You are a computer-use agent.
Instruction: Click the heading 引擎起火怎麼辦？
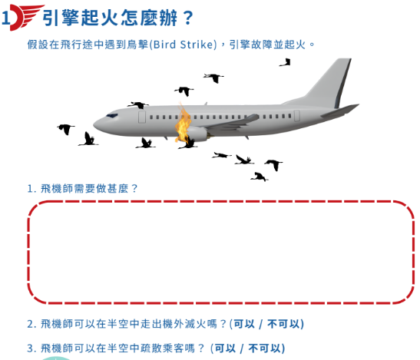[x=117, y=18]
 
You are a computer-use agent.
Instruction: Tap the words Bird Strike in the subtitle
[x=183, y=45]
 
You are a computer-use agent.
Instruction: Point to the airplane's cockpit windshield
[x=111, y=116]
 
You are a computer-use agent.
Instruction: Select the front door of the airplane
[x=142, y=117]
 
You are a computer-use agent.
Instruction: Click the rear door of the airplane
[x=297, y=116]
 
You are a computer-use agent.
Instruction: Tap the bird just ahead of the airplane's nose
[x=65, y=129]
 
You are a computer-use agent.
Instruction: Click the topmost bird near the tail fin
[x=286, y=62]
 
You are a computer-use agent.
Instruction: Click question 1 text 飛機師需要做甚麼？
[x=82, y=189]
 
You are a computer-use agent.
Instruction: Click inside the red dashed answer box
[x=220, y=253]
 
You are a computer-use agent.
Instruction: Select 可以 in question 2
[x=244, y=324]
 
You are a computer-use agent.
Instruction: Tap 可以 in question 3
[x=225, y=348]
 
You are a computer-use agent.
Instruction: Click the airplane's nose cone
[x=98, y=125]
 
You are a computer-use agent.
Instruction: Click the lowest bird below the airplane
[x=260, y=177]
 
